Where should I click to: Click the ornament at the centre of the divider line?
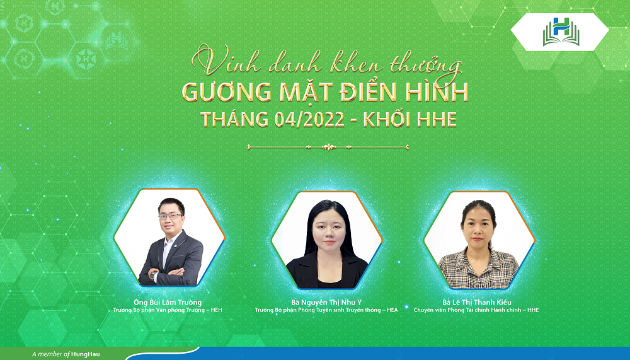click(x=328, y=148)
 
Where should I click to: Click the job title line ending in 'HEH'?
click(x=168, y=310)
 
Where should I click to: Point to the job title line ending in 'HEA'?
click(x=326, y=310)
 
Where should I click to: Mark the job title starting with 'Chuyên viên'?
click(x=476, y=310)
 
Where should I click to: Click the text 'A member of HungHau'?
click(x=66, y=354)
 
